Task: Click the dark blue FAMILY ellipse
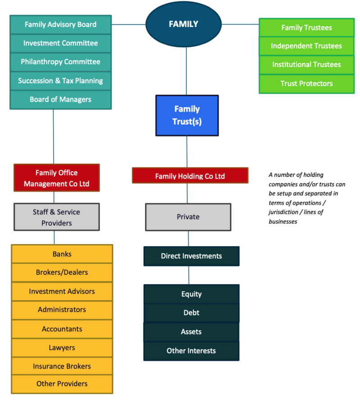click(184, 24)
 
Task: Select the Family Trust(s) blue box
click(187, 115)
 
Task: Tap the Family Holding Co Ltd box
click(190, 176)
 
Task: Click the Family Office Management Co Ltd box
click(57, 178)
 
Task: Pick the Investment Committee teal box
click(61, 43)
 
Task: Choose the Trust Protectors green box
click(306, 84)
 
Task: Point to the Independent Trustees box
click(306, 46)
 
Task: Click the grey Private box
click(188, 217)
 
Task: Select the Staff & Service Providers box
click(57, 217)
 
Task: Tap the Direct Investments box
click(191, 256)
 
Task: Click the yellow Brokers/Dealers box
click(62, 272)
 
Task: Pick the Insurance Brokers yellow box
click(62, 366)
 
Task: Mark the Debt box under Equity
click(191, 313)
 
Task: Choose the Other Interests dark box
click(191, 351)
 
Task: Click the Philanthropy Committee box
click(61, 62)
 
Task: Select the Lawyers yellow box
click(62, 348)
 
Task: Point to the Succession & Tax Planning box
click(61, 81)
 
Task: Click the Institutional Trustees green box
click(306, 65)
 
